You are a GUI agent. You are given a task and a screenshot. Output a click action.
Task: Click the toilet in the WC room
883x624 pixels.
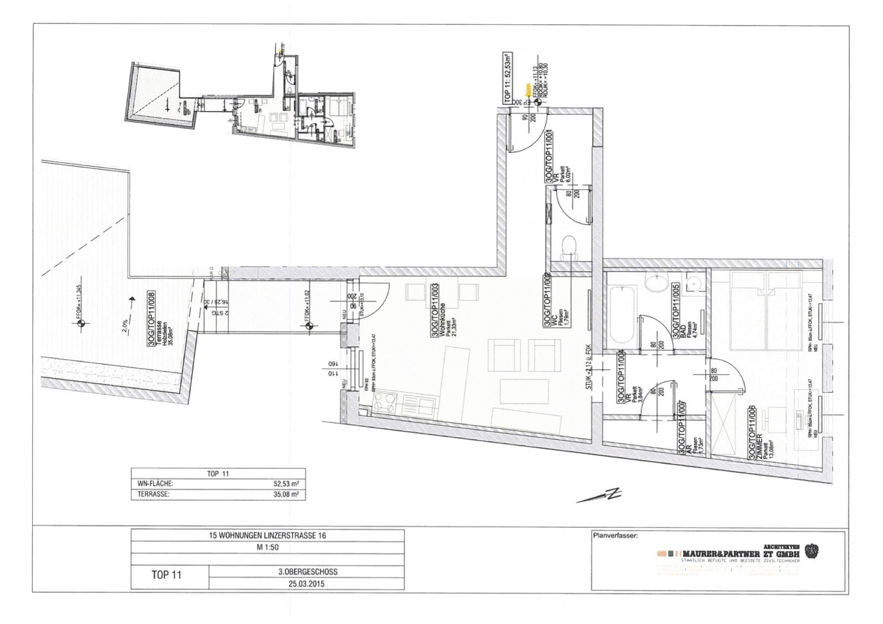(569, 246)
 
